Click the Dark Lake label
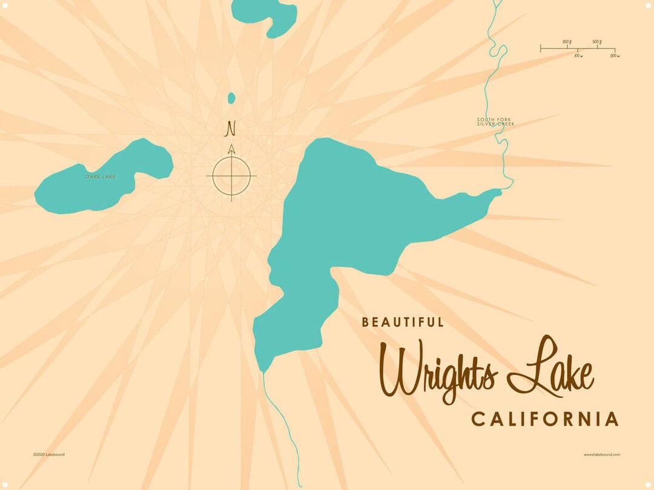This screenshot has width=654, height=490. coord(101,177)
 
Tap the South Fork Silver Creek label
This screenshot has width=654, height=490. coord(495,122)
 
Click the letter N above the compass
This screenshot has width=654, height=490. coord(230,128)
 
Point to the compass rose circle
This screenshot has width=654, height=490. coord(231,176)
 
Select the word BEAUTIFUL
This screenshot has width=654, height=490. coord(403,322)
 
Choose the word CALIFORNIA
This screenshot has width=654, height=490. coord(545,419)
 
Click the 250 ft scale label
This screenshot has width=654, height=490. coord(567,42)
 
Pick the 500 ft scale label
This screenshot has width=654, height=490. coord(596,42)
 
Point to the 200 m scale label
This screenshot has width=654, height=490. coord(614,56)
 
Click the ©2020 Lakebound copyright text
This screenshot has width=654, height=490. coord(49,454)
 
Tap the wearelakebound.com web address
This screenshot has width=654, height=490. coord(602,454)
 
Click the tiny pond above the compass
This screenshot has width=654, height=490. coord(231,97)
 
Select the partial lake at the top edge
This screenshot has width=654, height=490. coord(266,15)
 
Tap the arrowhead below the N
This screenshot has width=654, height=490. coord(231,149)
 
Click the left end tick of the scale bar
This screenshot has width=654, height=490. coord(541,48)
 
